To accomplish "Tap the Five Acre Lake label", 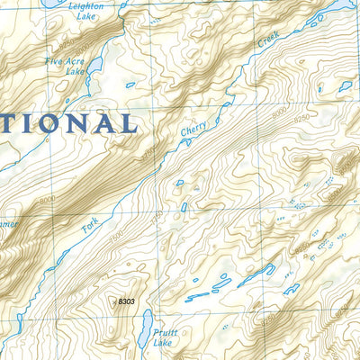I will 64,66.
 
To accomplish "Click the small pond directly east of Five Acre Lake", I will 131,85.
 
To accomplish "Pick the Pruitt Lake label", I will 164,337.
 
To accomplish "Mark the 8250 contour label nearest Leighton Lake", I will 57,42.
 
